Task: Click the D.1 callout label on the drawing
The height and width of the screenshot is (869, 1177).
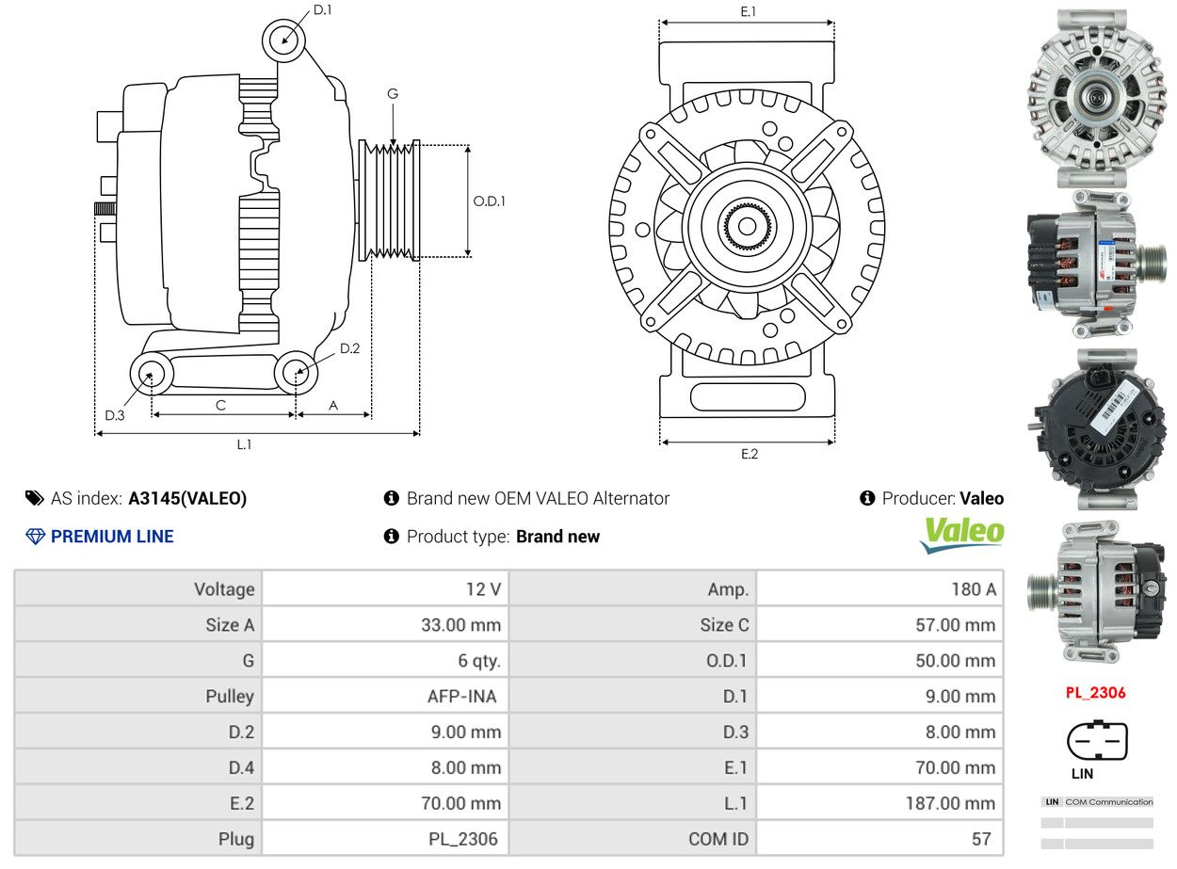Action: pyautogui.click(x=322, y=10)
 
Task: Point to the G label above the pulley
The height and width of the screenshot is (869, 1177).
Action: pyautogui.click(x=393, y=94)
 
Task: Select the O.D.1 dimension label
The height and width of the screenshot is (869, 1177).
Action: pyautogui.click(x=489, y=201)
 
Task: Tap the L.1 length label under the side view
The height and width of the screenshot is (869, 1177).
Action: pyautogui.click(x=244, y=444)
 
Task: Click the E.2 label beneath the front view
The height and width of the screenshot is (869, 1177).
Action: pyautogui.click(x=749, y=454)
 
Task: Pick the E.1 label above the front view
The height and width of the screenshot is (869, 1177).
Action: pyautogui.click(x=749, y=11)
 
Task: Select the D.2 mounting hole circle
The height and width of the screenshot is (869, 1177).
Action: pyautogui.click(x=297, y=373)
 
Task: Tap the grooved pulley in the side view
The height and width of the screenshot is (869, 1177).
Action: pyautogui.click(x=390, y=201)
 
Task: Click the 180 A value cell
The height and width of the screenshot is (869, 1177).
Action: pyautogui.click(x=973, y=589)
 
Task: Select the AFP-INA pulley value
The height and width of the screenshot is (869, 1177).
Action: pyautogui.click(x=461, y=697)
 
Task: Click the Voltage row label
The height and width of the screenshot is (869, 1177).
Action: pyautogui.click(x=224, y=589)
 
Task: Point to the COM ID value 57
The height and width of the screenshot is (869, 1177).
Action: pyautogui.click(x=981, y=839)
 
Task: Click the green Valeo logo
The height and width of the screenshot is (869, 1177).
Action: pyautogui.click(x=961, y=533)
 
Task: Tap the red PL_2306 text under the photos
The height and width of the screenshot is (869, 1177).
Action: pyautogui.click(x=1095, y=693)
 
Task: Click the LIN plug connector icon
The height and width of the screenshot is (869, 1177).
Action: pyautogui.click(x=1096, y=741)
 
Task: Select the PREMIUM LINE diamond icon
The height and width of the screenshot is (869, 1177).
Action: pyautogui.click(x=35, y=537)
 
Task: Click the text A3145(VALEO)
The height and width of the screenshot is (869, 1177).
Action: pyautogui.click(x=187, y=499)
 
